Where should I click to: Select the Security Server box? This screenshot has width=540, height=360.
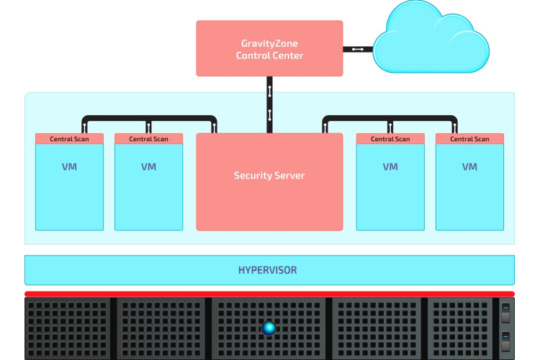tap(269, 181)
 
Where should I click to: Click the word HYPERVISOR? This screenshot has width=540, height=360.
tap(267, 271)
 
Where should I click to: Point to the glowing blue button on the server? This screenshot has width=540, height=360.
tap(269, 328)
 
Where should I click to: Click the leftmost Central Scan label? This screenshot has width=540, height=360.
tap(69, 139)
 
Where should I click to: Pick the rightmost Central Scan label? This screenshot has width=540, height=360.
tap(470, 139)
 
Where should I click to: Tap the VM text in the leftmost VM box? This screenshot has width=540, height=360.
tap(69, 167)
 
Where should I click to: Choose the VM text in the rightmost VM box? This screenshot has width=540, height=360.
tap(470, 167)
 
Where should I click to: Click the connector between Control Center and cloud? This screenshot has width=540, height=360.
tap(357, 49)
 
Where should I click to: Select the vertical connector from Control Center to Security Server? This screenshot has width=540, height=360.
tap(269, 104)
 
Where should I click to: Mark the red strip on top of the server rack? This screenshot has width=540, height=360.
tap(269, 294)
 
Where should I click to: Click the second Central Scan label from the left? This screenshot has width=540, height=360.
tap(148, 139)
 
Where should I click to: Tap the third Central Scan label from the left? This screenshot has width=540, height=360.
tap(390, 139)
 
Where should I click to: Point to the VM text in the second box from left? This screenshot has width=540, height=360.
tap(148, 167)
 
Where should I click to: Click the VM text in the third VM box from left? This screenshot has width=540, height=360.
tap(390, 167)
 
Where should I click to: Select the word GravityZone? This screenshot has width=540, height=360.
tap(269, 42)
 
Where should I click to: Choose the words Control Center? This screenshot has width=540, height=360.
tap(269, 55)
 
